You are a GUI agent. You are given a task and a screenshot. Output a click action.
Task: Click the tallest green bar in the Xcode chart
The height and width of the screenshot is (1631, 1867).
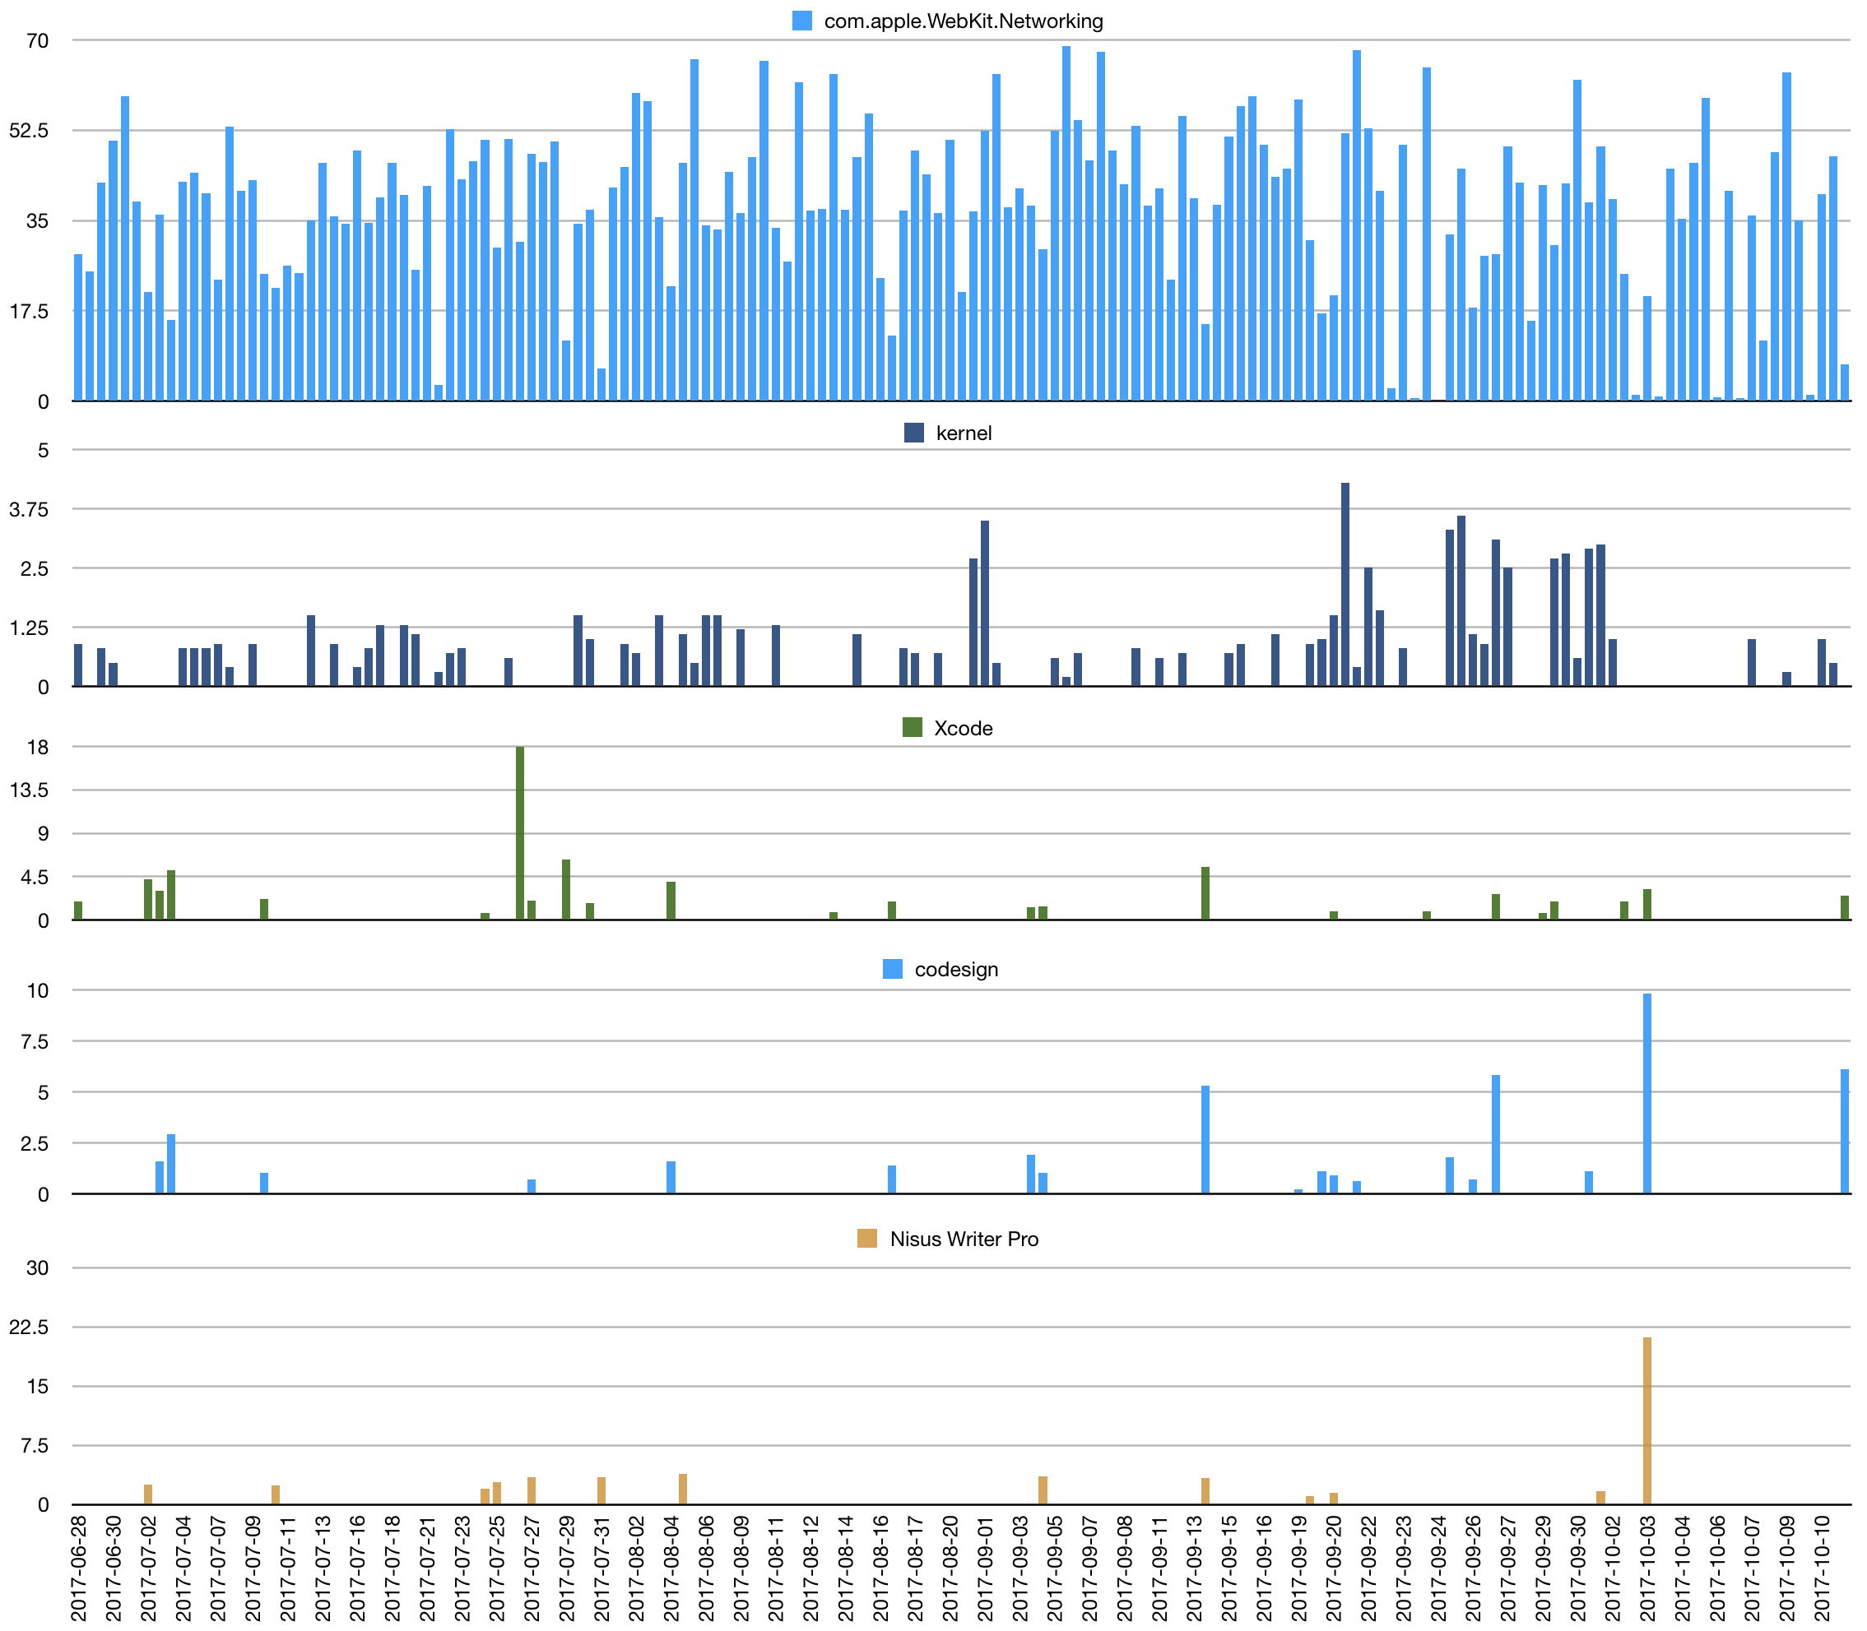[x=520, y=833]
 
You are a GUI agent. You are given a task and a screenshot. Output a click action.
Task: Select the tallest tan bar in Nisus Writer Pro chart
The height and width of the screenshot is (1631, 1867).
[x=1646, y=1420]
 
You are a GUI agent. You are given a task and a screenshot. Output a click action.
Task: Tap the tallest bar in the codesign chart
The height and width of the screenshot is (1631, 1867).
[x=1646, y=1093]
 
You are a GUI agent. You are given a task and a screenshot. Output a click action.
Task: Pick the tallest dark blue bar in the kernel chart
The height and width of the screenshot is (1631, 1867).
[x=1345, y=584]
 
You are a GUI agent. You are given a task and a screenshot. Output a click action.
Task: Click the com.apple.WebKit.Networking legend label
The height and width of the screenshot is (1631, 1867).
[x=963, y=21]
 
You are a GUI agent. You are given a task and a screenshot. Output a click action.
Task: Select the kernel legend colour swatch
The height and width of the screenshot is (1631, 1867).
[x=914, y=433]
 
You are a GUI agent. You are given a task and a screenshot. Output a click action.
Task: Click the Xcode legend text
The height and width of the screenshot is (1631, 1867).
[x=963, y=728]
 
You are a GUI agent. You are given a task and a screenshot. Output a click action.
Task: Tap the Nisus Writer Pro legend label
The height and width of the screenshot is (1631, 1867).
[x=964, y=1239]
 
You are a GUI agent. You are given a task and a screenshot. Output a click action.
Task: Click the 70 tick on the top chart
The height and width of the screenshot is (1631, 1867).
[x=37, y=41]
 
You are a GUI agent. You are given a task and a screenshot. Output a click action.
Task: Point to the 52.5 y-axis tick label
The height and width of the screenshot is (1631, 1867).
[x=30, y=131]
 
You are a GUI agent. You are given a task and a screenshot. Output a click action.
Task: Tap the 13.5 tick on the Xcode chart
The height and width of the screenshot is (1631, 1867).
[x=30, y=790]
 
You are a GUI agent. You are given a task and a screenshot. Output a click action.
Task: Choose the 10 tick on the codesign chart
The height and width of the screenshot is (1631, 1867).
[x=37, y=990]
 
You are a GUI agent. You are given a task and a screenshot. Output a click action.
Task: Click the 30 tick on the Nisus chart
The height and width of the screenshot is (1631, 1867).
[x=37, y=1267]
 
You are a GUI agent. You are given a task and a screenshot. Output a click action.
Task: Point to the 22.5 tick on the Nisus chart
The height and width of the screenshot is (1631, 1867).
[x=30, y=1327]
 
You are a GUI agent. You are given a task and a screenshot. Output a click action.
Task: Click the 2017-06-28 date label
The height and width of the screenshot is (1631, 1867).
[x=78, y=1568]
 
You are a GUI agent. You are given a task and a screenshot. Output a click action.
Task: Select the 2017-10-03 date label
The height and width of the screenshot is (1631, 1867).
[x=1646, y=1568]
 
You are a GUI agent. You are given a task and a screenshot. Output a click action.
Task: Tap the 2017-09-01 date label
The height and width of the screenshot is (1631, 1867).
[x=985, y=1568]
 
